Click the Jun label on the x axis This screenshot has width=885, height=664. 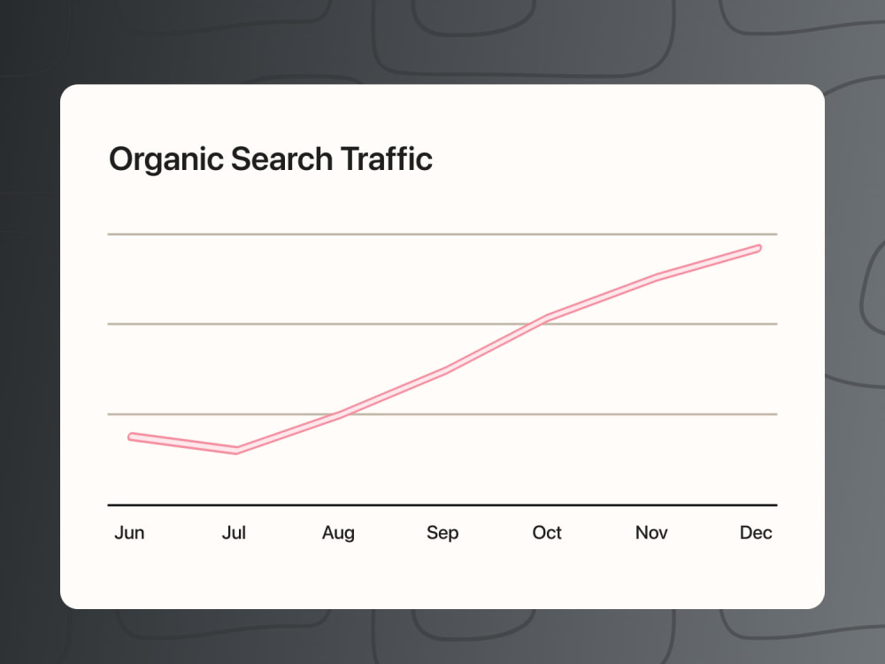click(129, 532)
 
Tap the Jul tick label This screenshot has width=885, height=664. click(234, 532)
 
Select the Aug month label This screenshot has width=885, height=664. click(338, 533)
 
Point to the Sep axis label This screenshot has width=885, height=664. click(442, 533)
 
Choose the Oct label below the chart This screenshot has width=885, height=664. click(547, 532)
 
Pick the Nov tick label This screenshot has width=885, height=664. click(651, 532)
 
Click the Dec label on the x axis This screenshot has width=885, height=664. click(756, 532)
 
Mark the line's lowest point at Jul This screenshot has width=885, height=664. click(236, 451)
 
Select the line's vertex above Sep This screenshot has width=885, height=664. click(445, 371)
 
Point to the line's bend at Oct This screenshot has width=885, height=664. click(546, 318)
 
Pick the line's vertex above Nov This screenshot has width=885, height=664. click(655, 278)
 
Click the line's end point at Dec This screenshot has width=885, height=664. click(758, 249)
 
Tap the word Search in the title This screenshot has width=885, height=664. click(281, 158)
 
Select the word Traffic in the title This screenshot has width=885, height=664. click(387, 158)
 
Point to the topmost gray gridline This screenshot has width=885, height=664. click(442, 234)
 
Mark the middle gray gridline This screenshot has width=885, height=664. click(442, 324)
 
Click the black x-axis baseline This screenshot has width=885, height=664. click(442, 505)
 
